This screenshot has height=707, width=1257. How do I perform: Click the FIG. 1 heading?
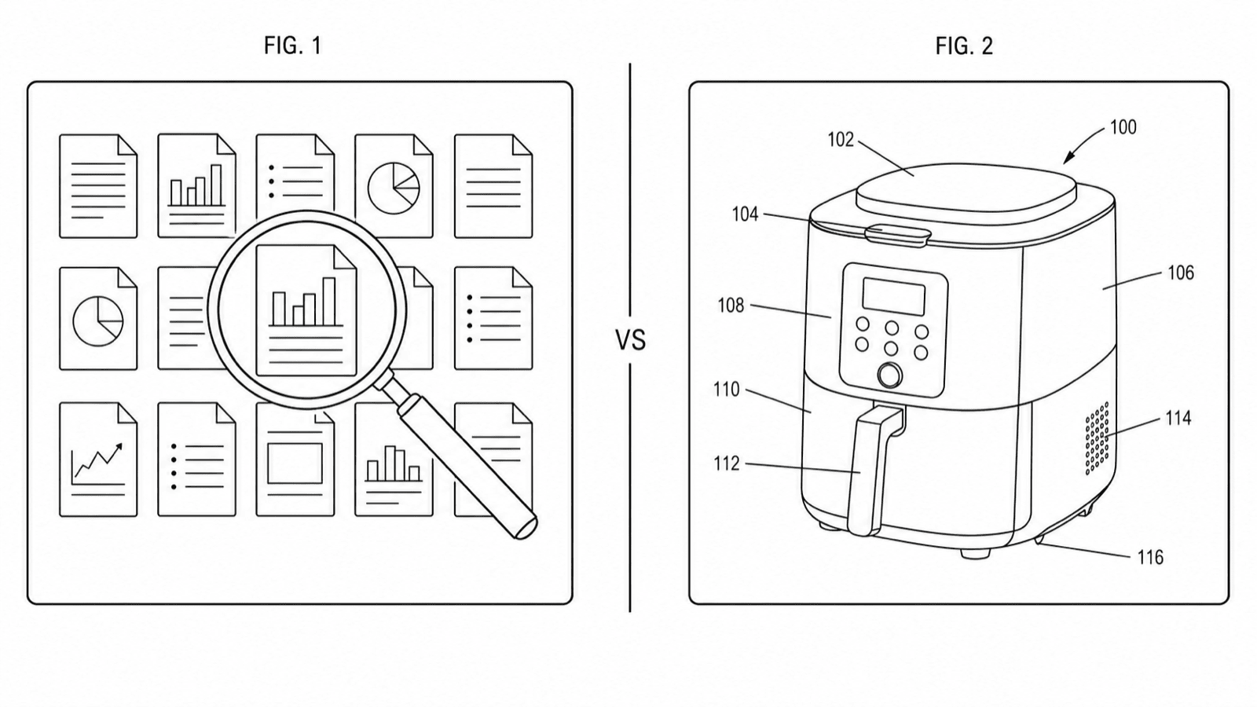pos(293,46)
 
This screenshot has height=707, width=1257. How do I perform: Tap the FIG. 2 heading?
pos(964,46)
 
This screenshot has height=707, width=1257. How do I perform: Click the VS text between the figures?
pos(630,340)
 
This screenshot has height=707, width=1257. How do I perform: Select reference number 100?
pos(1123,127)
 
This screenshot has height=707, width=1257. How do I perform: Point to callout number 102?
pos(841,140)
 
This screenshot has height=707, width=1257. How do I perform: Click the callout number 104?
pos(746,214)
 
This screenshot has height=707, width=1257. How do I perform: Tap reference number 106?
pos(1181,273)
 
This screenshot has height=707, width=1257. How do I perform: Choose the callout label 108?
pos(731,306)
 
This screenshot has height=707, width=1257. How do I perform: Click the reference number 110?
pos(726,390)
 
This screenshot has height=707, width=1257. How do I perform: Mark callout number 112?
pos(726,463)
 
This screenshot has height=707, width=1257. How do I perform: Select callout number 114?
pos(1178,418)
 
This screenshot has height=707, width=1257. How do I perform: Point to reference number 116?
pos(1150,557)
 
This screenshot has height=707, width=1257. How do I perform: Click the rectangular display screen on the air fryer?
pos(893,296)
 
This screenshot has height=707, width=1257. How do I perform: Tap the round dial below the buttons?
pos(889,375)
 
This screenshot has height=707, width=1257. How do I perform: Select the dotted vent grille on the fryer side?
pos(1097,438)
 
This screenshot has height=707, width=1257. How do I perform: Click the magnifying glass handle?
pos(467,466)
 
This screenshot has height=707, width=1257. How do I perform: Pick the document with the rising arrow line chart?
pos(98,459)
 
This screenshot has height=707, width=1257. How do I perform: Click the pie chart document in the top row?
pos(394,185)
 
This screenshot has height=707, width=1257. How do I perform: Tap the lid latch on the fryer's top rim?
pos(898,235)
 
